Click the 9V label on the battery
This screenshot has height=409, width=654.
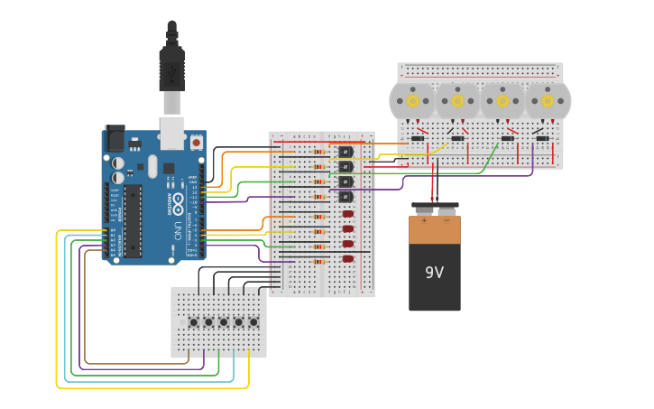434,272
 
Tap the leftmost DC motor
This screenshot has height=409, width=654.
412,101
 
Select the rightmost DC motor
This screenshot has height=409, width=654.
548,101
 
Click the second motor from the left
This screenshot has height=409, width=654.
457,101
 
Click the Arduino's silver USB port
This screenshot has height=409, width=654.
171,132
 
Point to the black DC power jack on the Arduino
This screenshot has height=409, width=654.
115,138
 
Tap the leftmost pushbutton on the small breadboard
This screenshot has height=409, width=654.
193,322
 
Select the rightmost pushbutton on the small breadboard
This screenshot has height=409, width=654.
253,322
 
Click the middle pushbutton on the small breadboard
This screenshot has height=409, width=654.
224,322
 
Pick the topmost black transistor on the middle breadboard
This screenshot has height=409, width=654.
345,152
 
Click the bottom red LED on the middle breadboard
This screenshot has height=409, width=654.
348,259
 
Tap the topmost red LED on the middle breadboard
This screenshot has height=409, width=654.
348,214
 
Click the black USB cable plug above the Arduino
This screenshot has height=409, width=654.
171,68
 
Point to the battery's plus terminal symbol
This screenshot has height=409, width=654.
423,219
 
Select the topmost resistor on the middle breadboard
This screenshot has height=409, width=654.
318,152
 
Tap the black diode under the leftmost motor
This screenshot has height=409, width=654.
418,138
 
